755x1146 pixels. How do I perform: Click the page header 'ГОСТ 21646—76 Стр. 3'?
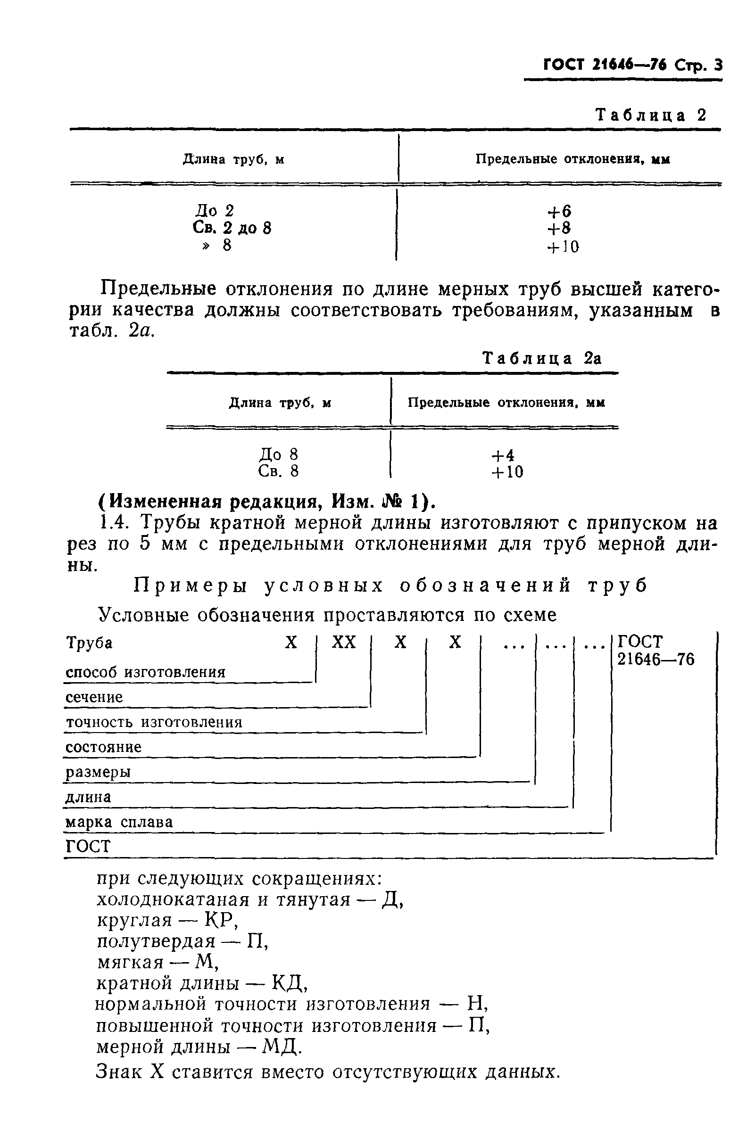pyautogui.click(x=632, y=65)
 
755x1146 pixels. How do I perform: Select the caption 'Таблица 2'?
pyautogui.click(x=650, y=115)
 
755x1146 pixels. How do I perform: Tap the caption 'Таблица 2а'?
pyautogui.click(x=542, y=358)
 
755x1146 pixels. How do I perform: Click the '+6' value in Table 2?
pyautogui.click(x=559, y=211)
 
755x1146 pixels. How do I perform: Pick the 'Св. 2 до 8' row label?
pyautogui.click(x=232, y=228)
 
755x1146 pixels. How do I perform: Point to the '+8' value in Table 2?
pyautogui.click(x=559, y=228)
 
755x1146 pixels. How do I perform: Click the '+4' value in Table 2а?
pyautogui.click(x=503, y=455)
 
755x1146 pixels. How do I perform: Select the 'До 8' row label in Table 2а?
pyautogui.click(x=279, y=454)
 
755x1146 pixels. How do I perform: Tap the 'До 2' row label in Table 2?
pyautogui.click(x=215, y=210)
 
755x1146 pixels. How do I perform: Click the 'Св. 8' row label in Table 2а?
pyautogui.click(x=279, y=471)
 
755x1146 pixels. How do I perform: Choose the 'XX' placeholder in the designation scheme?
pyautogui.click(x=343, y=643)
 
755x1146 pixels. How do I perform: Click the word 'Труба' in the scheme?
pyautogui.click(x=89, y=643)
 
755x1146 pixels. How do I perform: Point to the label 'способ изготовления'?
pyautogui.click(x=146, y=672)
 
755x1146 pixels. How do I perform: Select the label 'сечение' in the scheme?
pyautogui.click(x=94, y=697)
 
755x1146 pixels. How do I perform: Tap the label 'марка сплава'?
pyautogui.click(x=119, y=822)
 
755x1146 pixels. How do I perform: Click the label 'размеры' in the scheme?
pyautogui.click(x=98, y=772)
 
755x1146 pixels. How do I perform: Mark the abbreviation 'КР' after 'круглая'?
pyautogui.click(x=219, y=920)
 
